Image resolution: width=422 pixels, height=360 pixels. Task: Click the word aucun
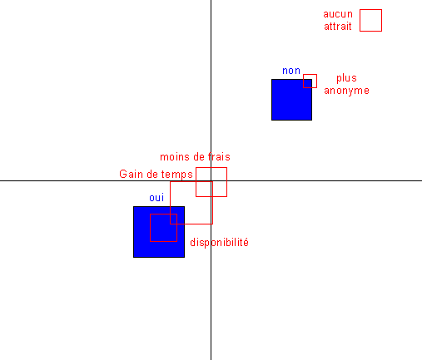(x=338, y=14)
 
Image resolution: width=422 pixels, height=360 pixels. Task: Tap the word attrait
(x=338, y=27)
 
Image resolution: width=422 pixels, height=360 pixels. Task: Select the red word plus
(x=346, y=78)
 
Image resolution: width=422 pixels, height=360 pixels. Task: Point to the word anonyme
(x=346, y=91)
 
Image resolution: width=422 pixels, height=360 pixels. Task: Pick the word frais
(x=219, y=157)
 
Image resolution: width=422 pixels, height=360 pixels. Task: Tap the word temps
(x=177, y=175)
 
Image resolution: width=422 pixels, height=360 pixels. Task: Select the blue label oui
(x=156, y=198)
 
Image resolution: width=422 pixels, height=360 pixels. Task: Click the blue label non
(x=291, y=71)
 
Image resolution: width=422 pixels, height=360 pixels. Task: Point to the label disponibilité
(x=219, y=243)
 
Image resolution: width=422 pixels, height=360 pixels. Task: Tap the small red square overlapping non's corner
(x=310, y=74)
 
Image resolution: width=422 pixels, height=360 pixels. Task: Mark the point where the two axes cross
(x=211, y=180)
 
